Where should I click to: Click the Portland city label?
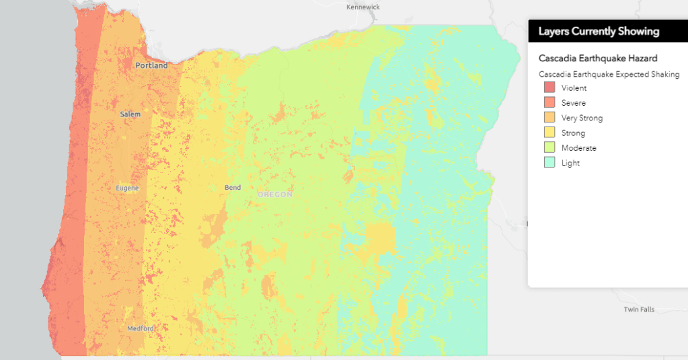click(x=151, y=66)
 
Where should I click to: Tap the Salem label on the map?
click(x=130, y=114)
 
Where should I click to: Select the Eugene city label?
click(x=127, y=188)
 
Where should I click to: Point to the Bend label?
click(x=233, y=188)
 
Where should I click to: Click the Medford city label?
click(x=141, y=328)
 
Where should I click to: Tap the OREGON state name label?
click(x=275, y=194)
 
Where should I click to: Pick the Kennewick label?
click(x=363, y=7)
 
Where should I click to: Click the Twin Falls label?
click(x=639, y=310)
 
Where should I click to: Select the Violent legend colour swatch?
click(x=549, y=88)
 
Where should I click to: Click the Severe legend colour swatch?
click(x=549, y=103)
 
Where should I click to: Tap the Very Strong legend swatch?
click(x=549, y=118)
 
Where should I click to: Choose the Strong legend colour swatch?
click(x=549, y=133)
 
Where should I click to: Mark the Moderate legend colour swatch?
click(x=549, y=148)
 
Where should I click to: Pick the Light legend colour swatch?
click(x=549, y=163)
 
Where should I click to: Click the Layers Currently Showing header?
click(x=599, y=32)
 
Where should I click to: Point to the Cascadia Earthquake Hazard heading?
click(x=598, y=59)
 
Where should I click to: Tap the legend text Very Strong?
click(x=582, y=118)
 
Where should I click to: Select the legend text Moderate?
click(x=579, y=148)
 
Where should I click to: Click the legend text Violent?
click(x=574, y=88)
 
